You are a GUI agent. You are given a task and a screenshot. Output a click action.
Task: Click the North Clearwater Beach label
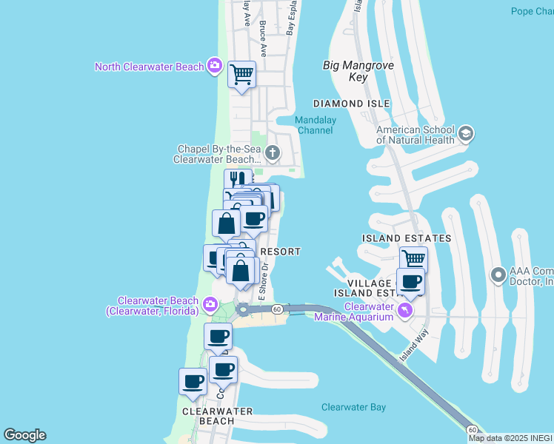(x=149, y=67)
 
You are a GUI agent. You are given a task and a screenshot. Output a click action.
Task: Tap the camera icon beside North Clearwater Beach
(x=215, y=66)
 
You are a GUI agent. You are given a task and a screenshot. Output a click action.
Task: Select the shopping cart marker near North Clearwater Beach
(x=241, y=75)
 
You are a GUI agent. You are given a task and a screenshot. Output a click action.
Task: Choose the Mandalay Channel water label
(x=315, y=125)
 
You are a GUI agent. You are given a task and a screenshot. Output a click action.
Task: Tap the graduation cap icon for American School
(x=465, y=134)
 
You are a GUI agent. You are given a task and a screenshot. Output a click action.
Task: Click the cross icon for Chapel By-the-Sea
(x=273, y=153)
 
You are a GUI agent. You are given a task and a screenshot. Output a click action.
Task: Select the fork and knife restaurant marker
(x=238, y=181)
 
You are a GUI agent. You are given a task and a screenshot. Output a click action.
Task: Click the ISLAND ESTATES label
(x=407, y=238)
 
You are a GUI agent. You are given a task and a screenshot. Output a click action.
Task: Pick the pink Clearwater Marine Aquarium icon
(x=404, y=310)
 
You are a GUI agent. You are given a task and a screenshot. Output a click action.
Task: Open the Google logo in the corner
(x=24, y=435)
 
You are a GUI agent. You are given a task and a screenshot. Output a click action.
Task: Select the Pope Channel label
(x=532, y=11)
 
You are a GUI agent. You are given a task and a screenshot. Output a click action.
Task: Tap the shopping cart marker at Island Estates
(x=413, y=260)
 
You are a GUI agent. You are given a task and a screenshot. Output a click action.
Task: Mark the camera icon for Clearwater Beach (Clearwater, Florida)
(x=210, y=304)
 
